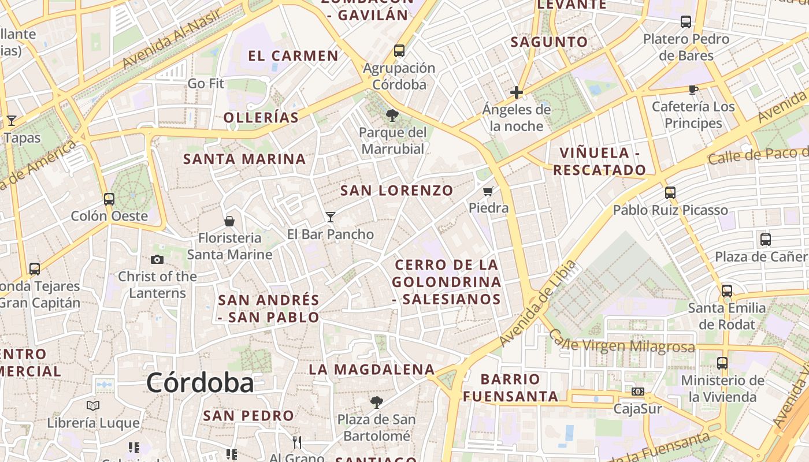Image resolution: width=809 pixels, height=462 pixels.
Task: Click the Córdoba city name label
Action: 199,383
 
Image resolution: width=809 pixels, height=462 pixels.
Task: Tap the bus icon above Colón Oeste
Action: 109,199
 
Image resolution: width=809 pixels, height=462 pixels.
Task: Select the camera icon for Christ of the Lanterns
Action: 157,260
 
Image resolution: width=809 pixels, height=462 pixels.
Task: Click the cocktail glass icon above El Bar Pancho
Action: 331,217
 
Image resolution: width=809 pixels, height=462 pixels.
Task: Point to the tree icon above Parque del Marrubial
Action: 392,115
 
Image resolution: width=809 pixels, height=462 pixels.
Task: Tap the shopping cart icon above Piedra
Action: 488,191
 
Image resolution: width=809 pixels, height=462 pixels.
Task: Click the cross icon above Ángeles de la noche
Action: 517,92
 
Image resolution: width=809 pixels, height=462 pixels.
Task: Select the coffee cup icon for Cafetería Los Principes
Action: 693,90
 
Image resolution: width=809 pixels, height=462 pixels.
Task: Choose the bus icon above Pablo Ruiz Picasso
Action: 670,193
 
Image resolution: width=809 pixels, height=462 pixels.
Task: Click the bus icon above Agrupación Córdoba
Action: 399,51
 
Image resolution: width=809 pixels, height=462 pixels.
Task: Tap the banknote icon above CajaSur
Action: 638,392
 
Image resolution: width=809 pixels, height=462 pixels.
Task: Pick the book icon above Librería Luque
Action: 93,405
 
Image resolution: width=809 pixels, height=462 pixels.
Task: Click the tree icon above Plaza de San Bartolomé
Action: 376,402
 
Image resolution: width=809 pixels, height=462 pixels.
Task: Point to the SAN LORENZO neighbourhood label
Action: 397,191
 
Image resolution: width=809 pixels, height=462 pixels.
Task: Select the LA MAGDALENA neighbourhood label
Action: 372,370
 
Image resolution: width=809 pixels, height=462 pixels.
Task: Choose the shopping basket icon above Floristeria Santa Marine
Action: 229,221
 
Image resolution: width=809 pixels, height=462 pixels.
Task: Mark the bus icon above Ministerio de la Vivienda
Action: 722,363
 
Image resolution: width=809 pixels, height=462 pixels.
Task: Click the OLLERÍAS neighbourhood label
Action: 261,118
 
